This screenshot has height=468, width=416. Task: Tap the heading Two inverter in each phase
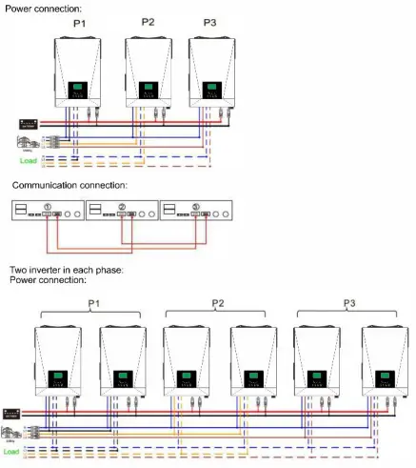[x=58, y=272]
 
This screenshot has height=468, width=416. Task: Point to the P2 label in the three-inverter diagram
[x=148, y=22]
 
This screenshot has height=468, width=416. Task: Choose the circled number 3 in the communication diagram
[x=195, y=205]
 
